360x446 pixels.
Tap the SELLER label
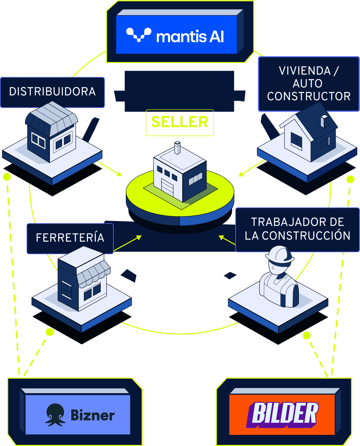[x=180, y=122]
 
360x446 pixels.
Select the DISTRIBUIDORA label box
[x=53, y=92]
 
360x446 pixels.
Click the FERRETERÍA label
[x=70, y=238]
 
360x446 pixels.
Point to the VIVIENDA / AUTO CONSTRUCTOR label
[x=308, y=84]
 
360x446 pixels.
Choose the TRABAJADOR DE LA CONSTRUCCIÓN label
[x=297, y=229]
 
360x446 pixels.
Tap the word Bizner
[x=93, y=415]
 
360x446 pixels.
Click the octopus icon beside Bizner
[x=55, y=414]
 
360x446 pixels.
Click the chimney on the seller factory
[x=178, y=148]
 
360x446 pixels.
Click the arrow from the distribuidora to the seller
[x=110, y=168]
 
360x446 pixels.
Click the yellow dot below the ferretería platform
[x=50, y=332]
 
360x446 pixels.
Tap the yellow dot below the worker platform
[x=307, y=335]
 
